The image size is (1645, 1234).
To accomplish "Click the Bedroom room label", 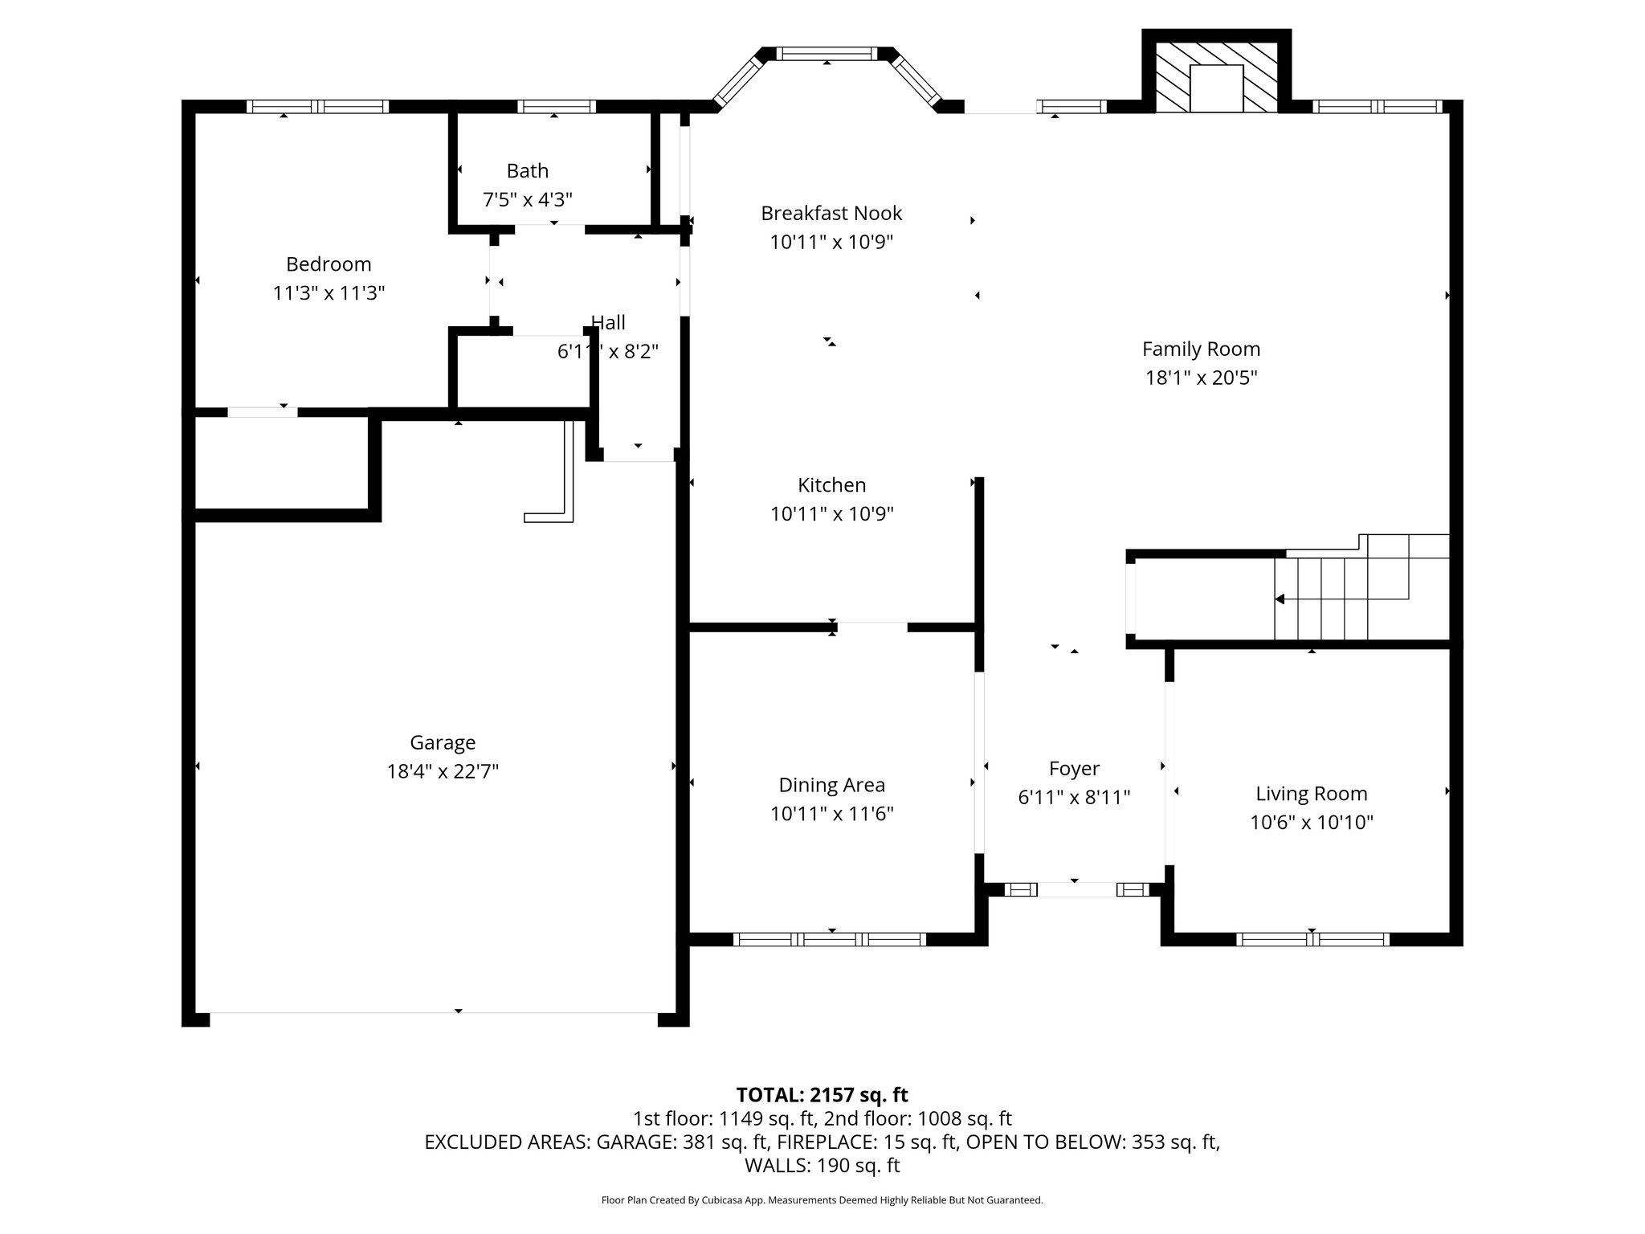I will [329, 264].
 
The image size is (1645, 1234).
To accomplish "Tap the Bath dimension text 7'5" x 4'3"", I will [527, 199].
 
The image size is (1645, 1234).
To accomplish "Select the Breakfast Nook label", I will [831, 213].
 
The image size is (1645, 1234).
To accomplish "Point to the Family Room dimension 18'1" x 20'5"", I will [1201, 378].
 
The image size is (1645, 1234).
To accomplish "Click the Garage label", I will [443, 742].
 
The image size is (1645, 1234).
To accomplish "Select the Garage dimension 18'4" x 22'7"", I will [443, 771].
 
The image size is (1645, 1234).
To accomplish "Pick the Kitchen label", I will [831, 485].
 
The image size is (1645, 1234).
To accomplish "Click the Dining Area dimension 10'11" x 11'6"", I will [831, 814].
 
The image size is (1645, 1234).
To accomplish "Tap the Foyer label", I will [1074, 769].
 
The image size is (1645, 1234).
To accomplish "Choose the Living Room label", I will [1311, 794].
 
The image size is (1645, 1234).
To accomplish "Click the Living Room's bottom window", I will [1312, 939].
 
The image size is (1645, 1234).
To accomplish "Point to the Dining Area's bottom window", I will [831, 939].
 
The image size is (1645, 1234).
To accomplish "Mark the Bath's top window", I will [556, 106].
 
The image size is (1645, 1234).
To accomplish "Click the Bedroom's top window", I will [317, 106].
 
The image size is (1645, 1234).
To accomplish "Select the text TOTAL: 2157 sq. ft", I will [822, 1095].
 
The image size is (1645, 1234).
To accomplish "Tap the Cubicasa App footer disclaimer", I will [822, 1200].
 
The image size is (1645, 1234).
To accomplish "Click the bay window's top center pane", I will [827, 54].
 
